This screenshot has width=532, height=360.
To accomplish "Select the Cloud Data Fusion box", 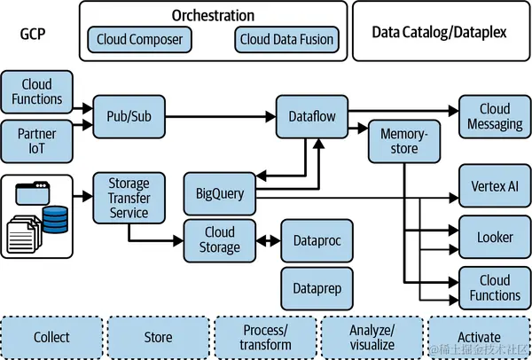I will click(x=286, y=40).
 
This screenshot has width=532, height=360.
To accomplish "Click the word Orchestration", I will click(x=212, y=15).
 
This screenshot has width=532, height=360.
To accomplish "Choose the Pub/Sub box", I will click(x=129, y=116).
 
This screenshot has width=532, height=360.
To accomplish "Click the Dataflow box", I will click(x=310, y=116).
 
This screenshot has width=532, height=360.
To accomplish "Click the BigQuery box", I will click(x=219, y=192).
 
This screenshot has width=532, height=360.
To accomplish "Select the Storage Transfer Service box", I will click(x=129, y=200).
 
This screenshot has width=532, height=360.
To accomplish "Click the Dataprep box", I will click(x=317, y=287).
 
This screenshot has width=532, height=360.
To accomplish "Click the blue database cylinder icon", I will click(x=55, y=218).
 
